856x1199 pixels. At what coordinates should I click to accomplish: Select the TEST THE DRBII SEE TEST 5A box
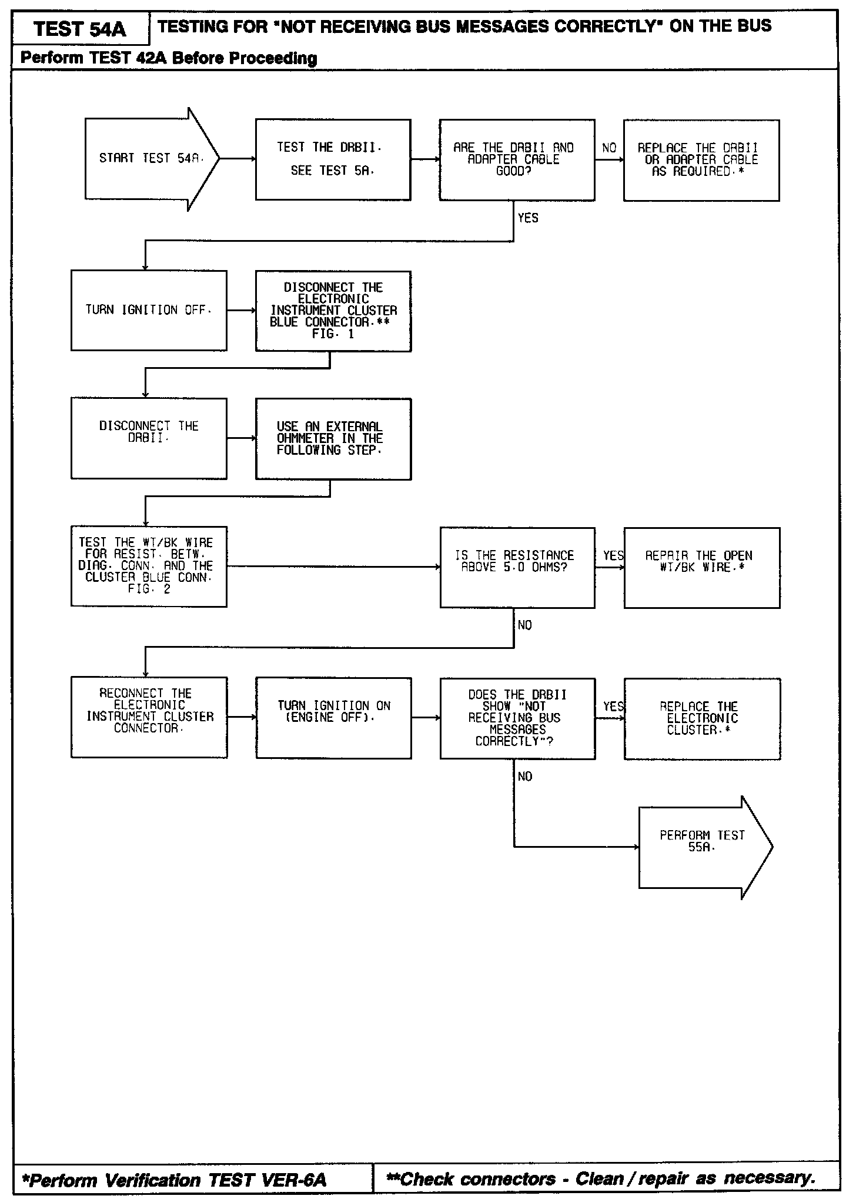click(333, 159)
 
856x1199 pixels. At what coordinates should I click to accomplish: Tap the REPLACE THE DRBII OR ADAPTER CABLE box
click(701, 160)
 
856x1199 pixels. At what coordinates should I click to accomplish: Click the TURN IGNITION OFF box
click(149, 310)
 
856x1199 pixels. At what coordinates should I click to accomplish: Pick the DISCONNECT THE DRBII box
click(149, 438)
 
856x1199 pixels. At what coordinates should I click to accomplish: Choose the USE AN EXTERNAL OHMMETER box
click(333, 438)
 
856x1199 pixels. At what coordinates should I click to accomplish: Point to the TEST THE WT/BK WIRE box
click(149, 566)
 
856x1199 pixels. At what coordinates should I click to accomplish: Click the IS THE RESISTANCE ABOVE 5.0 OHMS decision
click(517, 567)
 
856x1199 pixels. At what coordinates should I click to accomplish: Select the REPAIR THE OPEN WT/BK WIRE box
click(701, 567)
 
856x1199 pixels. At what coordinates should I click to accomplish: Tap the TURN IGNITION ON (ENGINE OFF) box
click(333, 718)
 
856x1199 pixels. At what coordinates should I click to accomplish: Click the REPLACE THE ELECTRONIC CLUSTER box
click(702, 718)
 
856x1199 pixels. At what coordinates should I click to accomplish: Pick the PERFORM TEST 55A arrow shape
click(703, 847)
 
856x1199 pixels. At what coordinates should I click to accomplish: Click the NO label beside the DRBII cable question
click(609, 148)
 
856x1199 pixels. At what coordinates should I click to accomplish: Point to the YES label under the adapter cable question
click(528, 218)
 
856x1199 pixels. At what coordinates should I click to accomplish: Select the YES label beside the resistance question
click(613, 556)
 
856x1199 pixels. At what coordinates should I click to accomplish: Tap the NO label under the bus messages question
click(525, 777)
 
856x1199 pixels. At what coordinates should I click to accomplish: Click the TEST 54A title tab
click(80, 29)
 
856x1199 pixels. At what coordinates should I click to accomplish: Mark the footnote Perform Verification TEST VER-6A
click(174, 1180)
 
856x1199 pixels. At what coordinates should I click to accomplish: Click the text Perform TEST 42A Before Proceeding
click(169, 58)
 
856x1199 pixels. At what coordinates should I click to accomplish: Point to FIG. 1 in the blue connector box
click(333, 334)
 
